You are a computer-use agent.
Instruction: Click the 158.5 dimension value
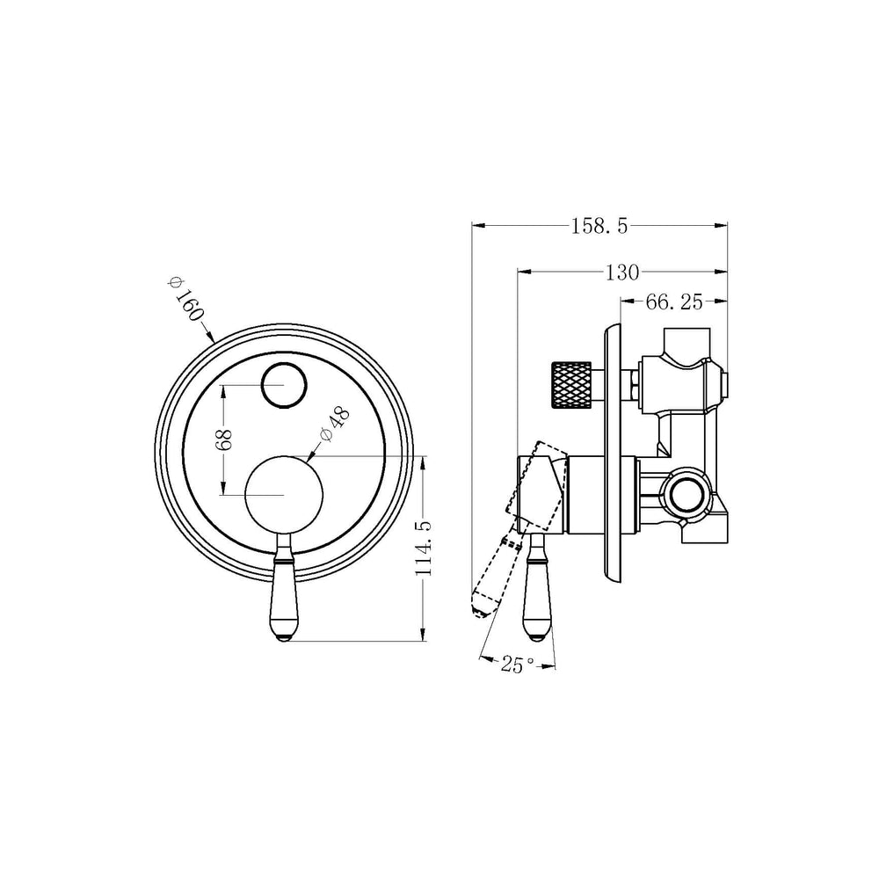click(x=599, y=227)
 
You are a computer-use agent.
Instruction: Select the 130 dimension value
click(x=622, y=272)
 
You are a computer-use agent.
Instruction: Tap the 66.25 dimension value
click(x=674, y=302)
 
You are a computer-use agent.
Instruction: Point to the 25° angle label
click(x=518, y=665)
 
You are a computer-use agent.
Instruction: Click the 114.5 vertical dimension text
click(x=424, y=548)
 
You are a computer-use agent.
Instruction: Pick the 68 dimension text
click(x=223, y=440)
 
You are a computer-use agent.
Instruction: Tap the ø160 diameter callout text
click(x=185, y=299)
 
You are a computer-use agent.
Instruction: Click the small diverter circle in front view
click(x=284, y=385)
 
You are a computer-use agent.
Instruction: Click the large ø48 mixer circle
click(x=284, y=494)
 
